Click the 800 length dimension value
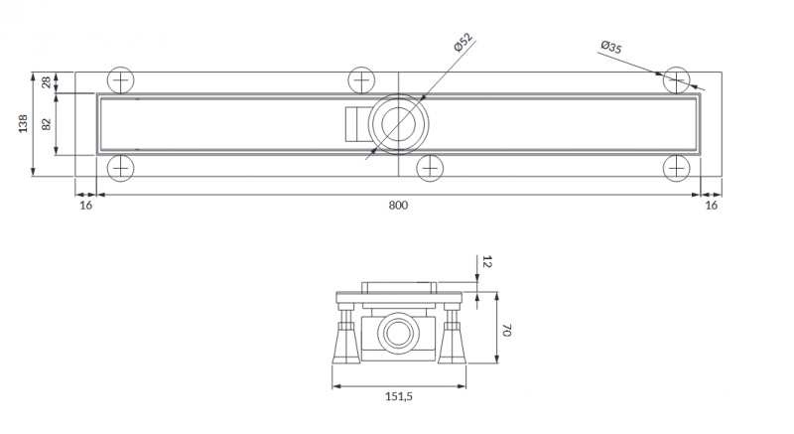click(x=397, y=205)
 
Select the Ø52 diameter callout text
click(x=462, y=45)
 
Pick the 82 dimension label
click(x=46, y=124)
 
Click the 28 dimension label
click(x=46, y=82)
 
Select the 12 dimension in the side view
click(x=485, y=262)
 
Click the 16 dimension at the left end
click(x=85, y=205)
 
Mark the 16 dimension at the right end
click(x=710, y=205)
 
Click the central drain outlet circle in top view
click(x=397, y=124)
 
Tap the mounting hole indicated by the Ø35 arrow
click(x=678, y=80)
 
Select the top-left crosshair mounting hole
click(x=120, y=80)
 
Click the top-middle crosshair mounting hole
click(x=361, y=80)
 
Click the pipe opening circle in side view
click(x=398, y=330)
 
